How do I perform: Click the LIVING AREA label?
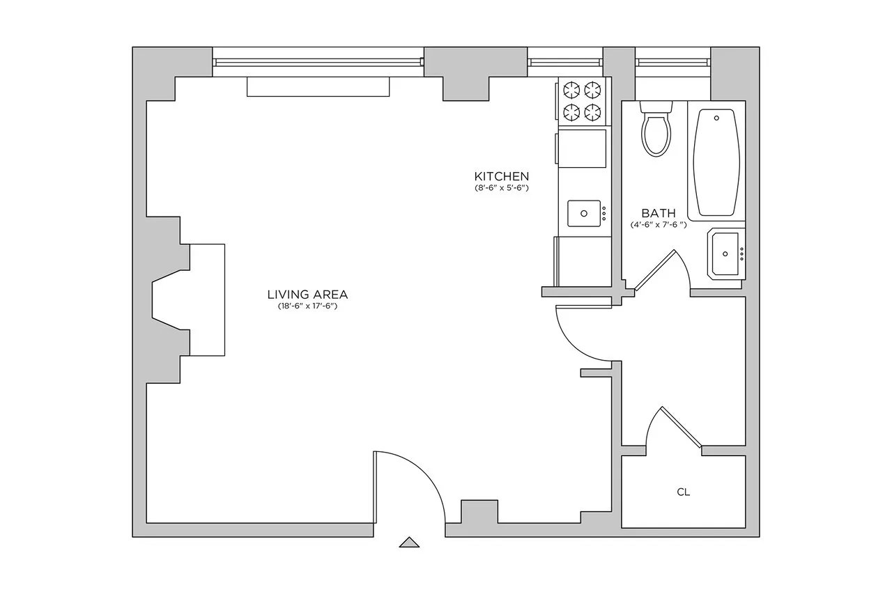(307, 294)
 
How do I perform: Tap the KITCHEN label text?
(502, 176)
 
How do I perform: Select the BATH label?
(659, 213)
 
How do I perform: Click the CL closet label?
(684, 492)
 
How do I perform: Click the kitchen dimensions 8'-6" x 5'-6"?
(502, 188)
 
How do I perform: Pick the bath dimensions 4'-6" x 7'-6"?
(659, 225)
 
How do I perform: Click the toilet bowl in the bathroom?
(656, 136)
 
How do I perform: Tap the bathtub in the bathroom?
(716, 164)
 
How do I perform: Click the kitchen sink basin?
(584, 213)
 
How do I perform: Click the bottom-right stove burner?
(593, 111)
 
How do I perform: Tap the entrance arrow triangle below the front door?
(409, 542)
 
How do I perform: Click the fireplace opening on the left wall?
(171, 300)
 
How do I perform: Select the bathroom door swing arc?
(679, 265)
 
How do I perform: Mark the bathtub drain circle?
(716, 118)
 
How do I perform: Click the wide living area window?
(318, 62)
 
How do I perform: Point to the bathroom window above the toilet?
(672, 62)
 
